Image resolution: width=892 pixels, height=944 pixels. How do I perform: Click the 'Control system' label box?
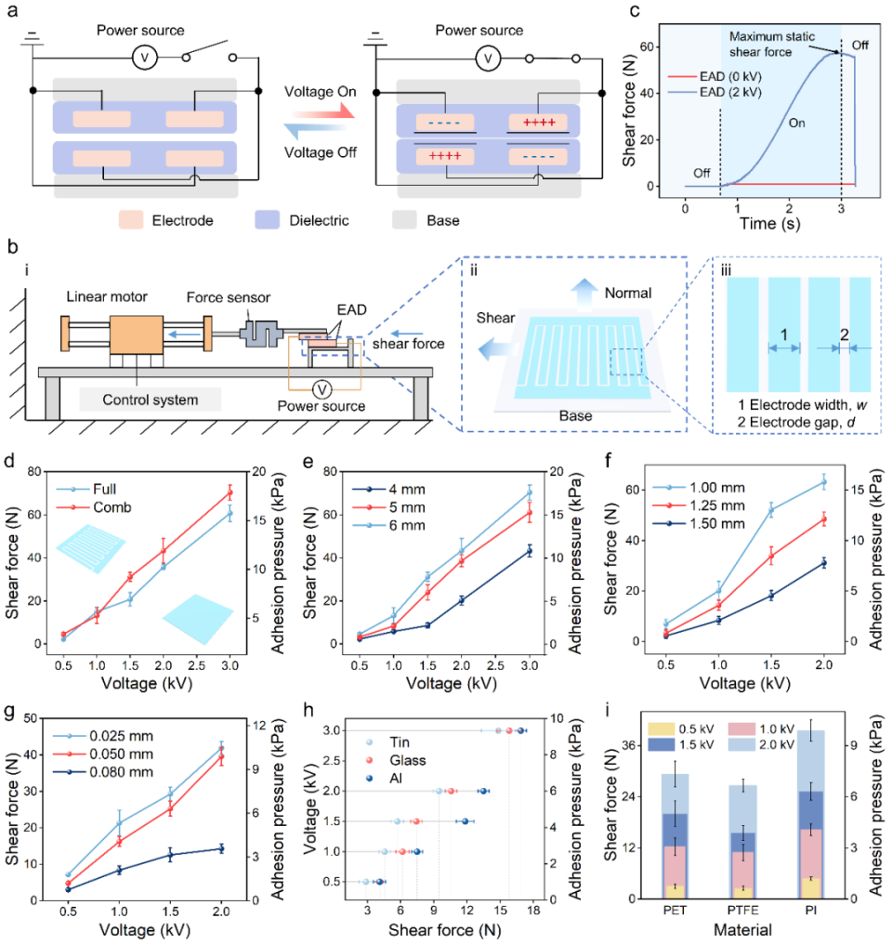[150, 400]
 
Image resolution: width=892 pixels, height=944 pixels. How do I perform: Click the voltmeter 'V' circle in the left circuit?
[144, 56]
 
